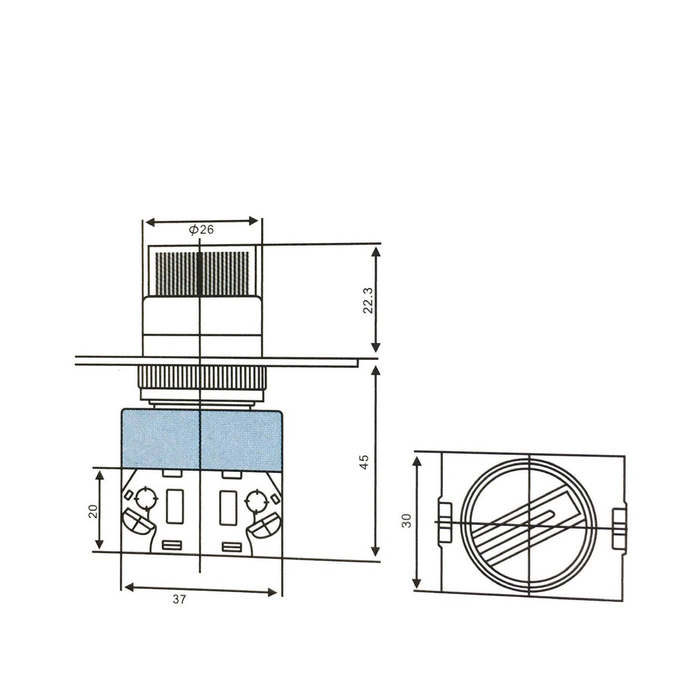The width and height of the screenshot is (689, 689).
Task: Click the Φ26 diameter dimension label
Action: pos(201,229)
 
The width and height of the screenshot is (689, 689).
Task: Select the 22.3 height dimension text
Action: pos(368,301)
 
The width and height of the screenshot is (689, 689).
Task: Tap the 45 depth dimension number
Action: pos(364,462)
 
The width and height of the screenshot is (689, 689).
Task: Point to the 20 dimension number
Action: pos(93,511)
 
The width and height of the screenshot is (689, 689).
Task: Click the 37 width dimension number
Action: pos(179,600)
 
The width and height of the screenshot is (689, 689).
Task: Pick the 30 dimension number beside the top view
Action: pos(407,521)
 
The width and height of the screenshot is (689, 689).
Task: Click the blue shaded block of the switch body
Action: pos(201,440)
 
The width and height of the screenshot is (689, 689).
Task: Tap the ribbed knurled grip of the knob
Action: pos(202,273)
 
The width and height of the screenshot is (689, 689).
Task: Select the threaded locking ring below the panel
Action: pos(202,378)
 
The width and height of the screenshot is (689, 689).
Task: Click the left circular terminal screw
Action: pos(146,499)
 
